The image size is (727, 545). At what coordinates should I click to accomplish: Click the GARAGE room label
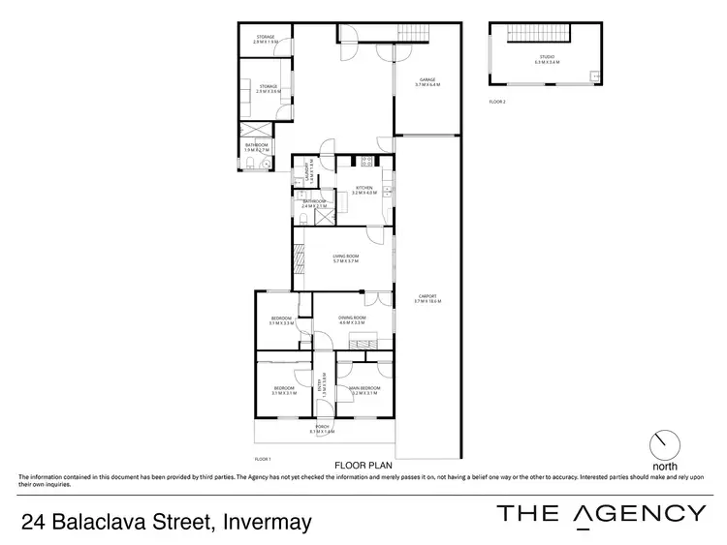tap(428, 82)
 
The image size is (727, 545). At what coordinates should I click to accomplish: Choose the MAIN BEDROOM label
tap(364, 389)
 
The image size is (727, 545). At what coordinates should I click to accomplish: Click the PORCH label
tap(321, 429)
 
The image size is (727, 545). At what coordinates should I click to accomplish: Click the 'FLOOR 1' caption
tap(263, 458)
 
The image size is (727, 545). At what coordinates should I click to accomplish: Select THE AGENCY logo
tap(601, 514)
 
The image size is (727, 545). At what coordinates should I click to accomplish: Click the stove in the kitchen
tap(367, 162)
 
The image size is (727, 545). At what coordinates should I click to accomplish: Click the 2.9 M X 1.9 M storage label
tap(266, 41)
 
